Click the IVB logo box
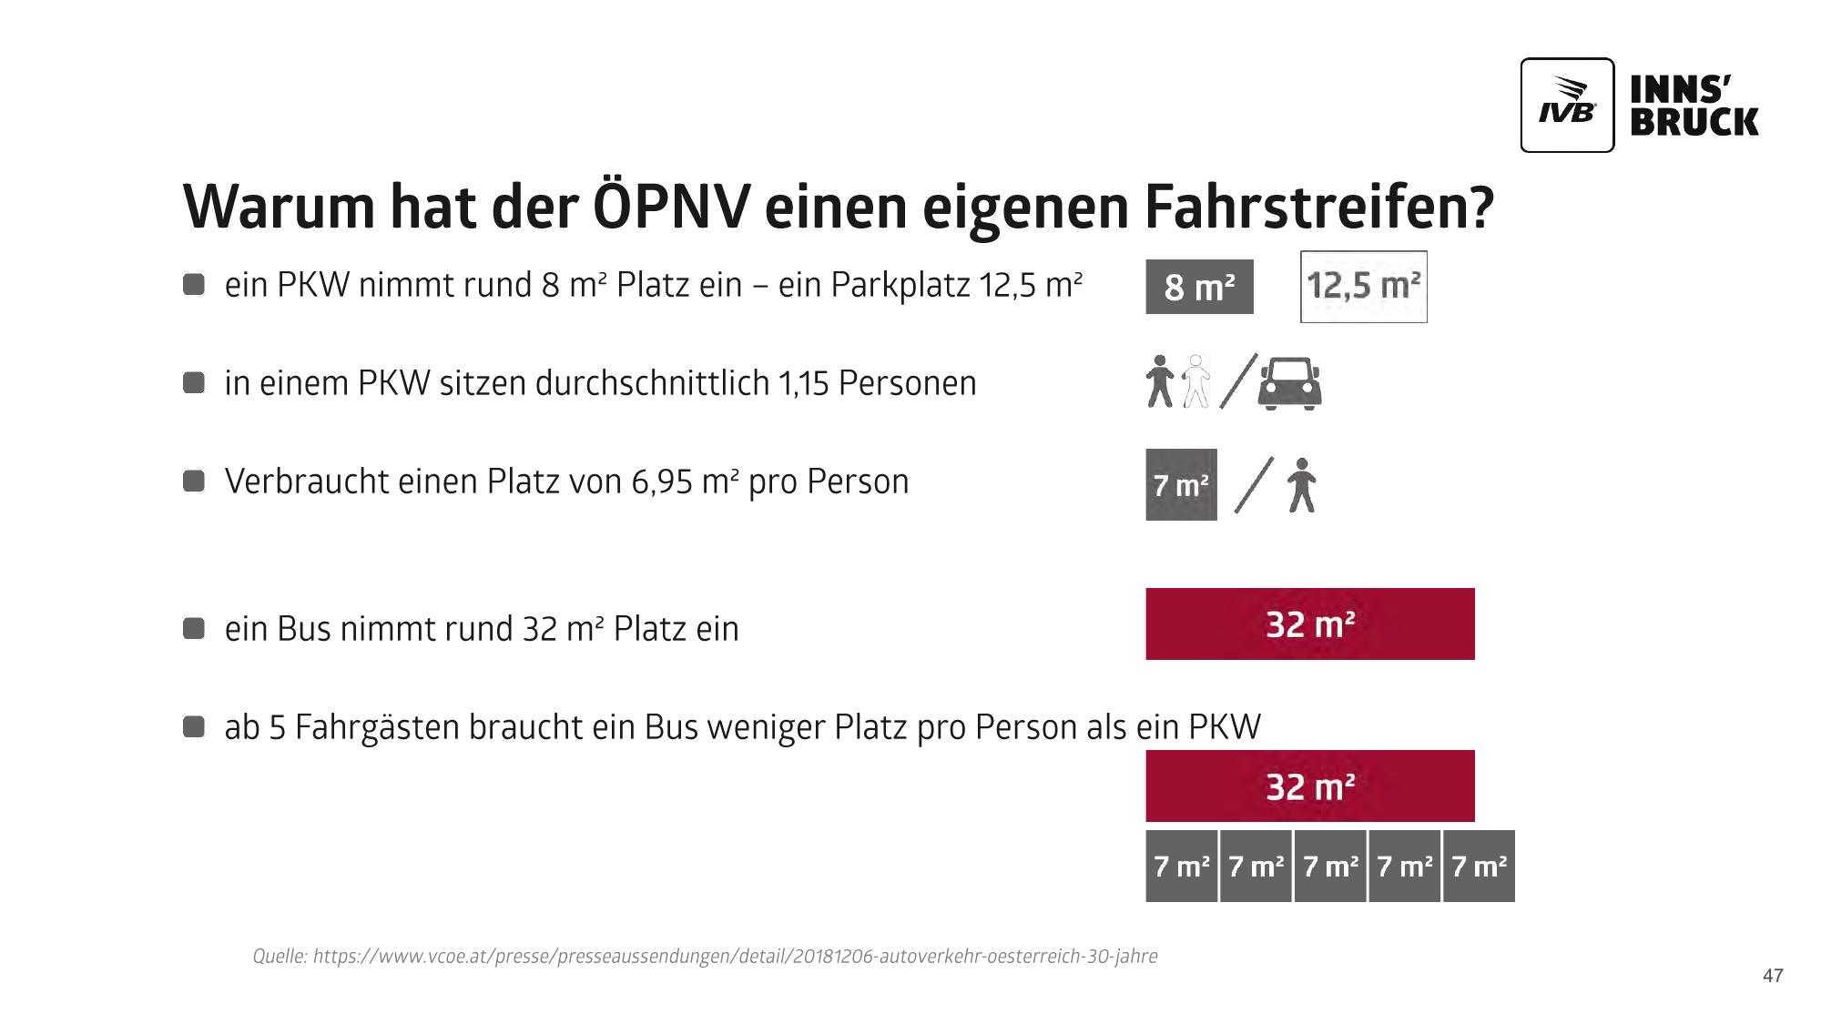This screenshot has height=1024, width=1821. (1567, 106)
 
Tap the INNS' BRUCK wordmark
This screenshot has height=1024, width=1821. (1694, 106)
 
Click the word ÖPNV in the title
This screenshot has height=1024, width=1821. (672, 208)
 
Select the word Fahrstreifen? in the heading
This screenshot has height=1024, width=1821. (1319, 208)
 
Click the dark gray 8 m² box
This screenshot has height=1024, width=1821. (1199, 287)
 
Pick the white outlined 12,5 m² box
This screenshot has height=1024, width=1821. (1363, 287)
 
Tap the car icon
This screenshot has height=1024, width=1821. (1289, 383)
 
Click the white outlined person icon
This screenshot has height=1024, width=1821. (1195, 381)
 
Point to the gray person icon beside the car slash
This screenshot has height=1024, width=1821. (1159, 381)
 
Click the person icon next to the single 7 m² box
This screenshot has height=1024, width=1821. (1302, 485)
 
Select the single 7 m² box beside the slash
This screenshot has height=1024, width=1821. (1181, 485)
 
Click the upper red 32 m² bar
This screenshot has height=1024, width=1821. (1309, 624)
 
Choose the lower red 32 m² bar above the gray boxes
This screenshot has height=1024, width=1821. (1309, 786)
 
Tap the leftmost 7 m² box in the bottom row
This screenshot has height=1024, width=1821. (1181, 867)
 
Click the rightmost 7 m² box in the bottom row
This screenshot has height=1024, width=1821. (1479, 867)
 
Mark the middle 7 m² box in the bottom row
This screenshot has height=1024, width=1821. (1330, 867)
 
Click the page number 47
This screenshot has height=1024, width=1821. (1772, 976)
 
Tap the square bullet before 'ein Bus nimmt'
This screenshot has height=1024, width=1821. (194, 628)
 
